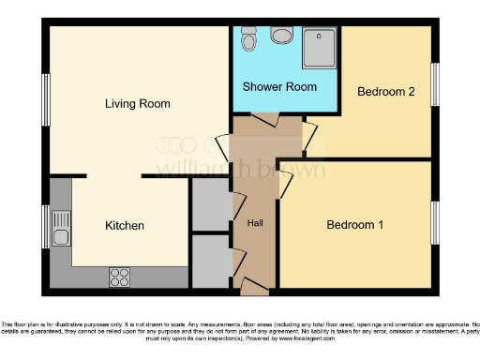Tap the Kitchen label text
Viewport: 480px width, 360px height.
pyautogui.click(x=124, y=226)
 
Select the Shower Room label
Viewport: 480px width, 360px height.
pyautogui.click(x=279, y=86)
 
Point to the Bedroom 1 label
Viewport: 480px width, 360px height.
pyautogui.click(x=355, y=225)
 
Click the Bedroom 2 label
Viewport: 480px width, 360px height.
pyautogui.click(x=386, y=92)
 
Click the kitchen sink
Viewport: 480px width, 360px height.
pyautogui.click(x=62, y=228)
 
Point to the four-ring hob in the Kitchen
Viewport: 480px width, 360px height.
pyautogui.click(x=120, y=277)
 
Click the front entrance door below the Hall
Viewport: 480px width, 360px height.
pyautogui.click(x=254, y=285)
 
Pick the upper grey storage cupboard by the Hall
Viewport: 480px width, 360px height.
pyautogui.click(x=209, y=202)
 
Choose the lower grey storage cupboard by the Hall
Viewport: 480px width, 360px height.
pyautogui.click(x=209, y=262)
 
